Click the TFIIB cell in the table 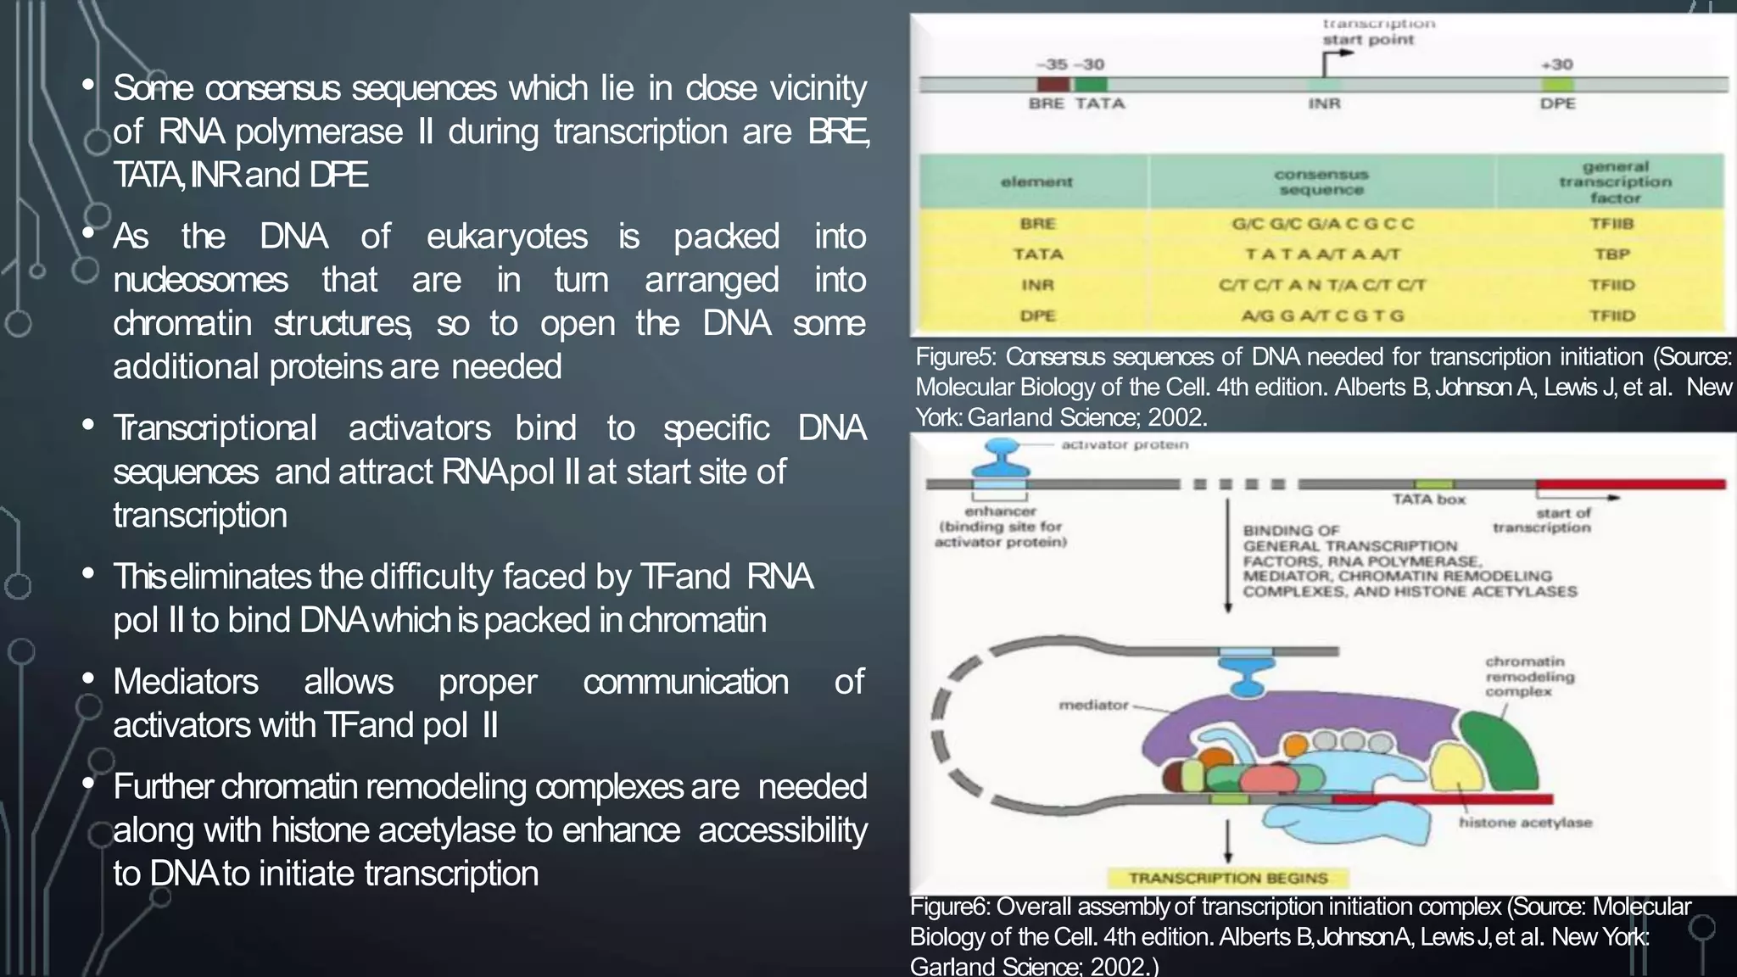(1611, 224)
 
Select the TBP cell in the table (1611, 254)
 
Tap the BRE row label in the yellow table (1037, 224)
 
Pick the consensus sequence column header (1321, 181)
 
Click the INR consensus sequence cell (1321, 285)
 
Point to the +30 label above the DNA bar (1556, 64)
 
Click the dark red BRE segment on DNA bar (1053, 85)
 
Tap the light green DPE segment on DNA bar (1557, 85)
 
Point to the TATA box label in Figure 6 (1429, 500)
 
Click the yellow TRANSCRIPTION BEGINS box (1228, 878)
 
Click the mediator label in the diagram (1093, 705)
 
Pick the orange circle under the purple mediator (1295, 746)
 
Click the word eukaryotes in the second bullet (506, 237)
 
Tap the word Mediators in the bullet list (186, 682)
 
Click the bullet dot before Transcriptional (88, 426)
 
